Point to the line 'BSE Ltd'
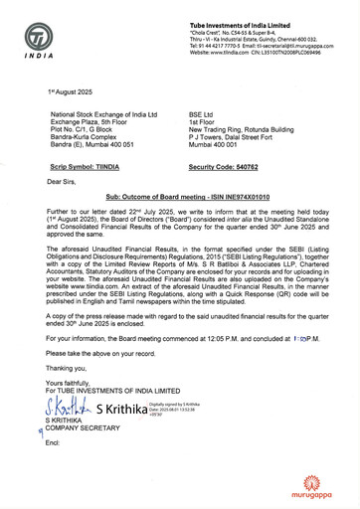202,114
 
